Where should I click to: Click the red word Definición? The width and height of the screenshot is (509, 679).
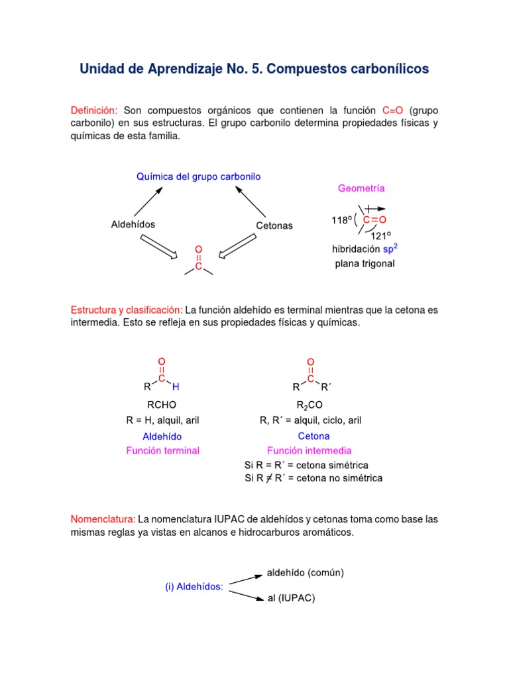point(94,109)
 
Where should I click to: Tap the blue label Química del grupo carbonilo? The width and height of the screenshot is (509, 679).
point(199,176)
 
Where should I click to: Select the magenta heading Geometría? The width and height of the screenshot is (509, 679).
point(361,188)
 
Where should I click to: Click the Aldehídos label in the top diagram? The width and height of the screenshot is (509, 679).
point(133,224)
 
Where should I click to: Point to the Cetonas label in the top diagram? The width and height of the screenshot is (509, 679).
point(274,225)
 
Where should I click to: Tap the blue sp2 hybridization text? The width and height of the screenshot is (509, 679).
point(391,249)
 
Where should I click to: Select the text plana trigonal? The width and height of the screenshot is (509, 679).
point(365,263)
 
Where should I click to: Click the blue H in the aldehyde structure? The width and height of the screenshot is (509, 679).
point(176,387)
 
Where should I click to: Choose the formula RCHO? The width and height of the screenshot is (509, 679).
point(161,404)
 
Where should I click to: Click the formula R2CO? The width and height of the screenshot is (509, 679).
point(310,405)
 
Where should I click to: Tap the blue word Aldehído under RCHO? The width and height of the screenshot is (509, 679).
point(162,436)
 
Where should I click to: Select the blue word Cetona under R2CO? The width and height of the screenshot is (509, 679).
point(314,436)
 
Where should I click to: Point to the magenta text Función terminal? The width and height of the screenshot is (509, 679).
point(162,451)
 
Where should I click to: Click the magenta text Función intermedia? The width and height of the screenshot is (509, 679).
point(314,451)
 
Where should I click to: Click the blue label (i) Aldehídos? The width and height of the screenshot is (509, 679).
point(194,586)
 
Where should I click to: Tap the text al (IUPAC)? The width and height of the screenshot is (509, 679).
point(291,598)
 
